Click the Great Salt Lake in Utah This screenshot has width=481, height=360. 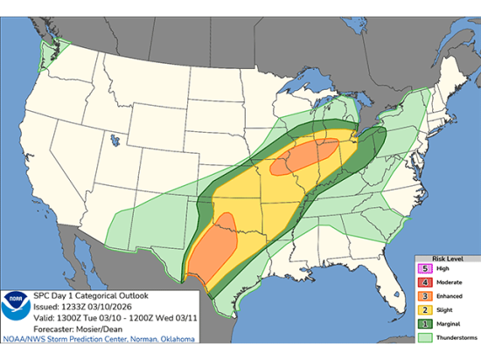click(115, 136)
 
